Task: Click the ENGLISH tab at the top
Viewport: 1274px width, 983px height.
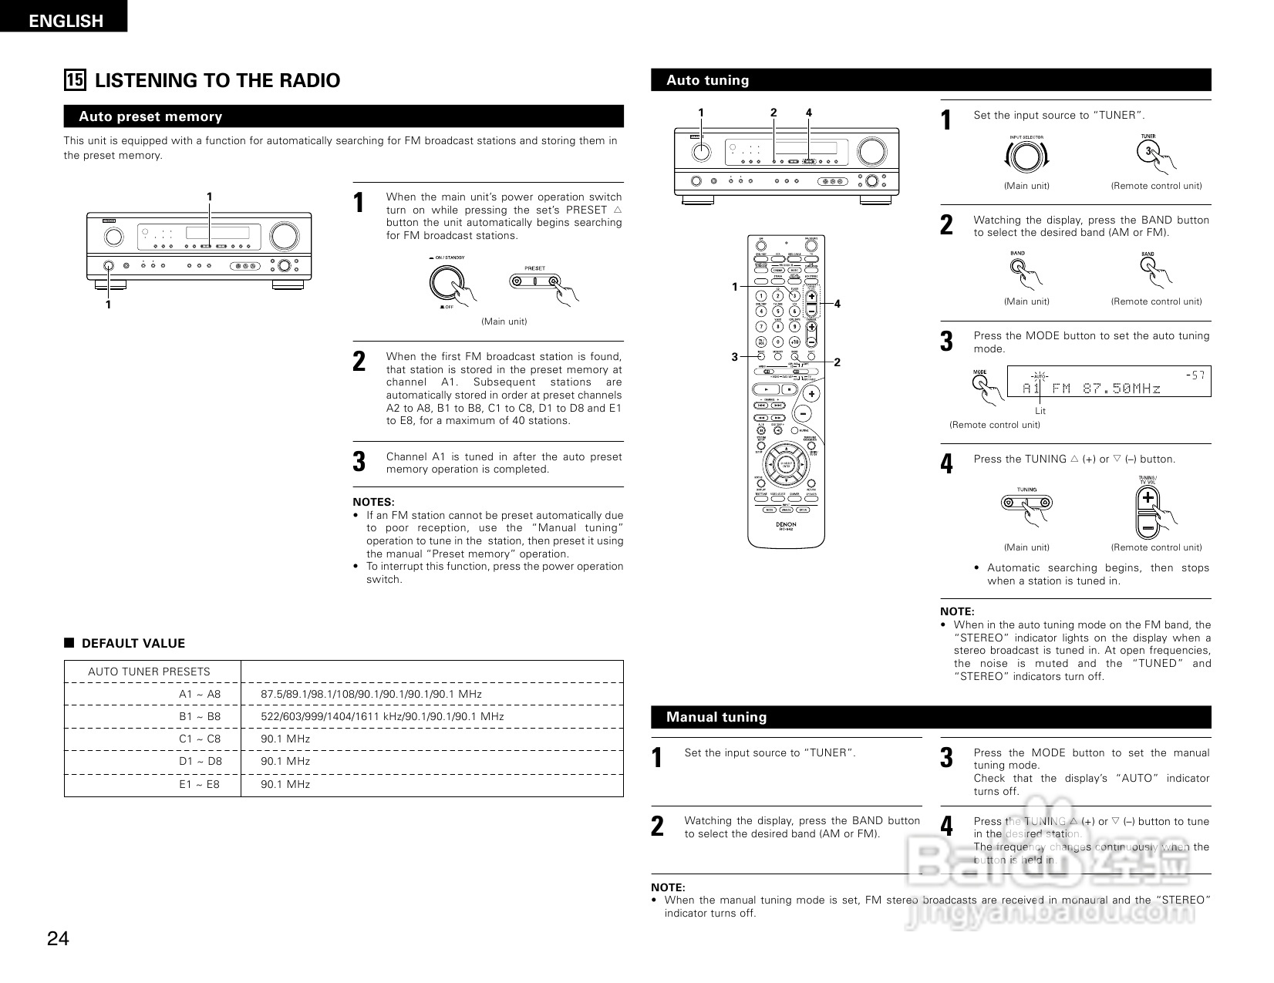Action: [65, 21]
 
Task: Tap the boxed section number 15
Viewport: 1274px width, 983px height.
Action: [75, 80]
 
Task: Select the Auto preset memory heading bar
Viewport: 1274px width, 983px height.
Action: [343, 116]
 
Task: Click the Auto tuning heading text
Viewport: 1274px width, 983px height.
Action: [707, 80]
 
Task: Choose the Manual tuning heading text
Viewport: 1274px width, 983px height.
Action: [716, 717]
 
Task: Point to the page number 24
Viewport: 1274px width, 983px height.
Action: [58, 938]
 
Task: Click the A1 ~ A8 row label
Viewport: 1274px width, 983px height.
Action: [200, 694]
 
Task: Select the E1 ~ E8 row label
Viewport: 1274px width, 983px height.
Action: [200, 784]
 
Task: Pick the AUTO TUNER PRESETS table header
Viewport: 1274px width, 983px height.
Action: [149, 672]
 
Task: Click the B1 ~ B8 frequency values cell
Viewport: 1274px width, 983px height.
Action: [383, 716]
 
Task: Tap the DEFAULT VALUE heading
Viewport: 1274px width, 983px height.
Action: [133, 644]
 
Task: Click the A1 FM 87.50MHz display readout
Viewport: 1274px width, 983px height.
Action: [1091, 389]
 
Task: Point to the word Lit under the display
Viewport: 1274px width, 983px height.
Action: [1040, 411]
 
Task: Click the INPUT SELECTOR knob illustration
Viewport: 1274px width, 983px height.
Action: [1026, 157]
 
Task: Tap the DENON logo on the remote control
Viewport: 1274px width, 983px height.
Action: [786, 524]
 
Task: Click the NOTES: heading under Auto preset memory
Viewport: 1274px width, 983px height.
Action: [373, 502]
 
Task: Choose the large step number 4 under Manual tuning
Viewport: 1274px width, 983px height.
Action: [946, 826]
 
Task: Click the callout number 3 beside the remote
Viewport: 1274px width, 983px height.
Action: [735, 356]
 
